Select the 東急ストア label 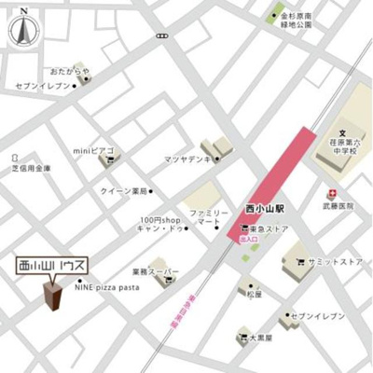coord(268,228)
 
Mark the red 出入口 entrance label coord(249,240)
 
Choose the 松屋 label coord(256,295)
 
